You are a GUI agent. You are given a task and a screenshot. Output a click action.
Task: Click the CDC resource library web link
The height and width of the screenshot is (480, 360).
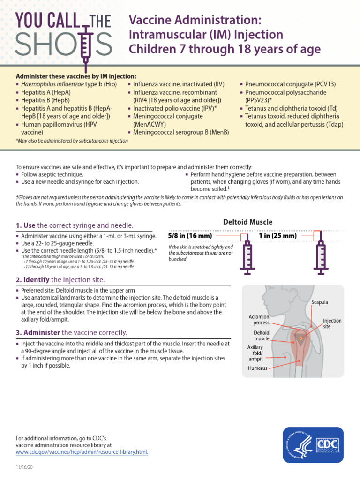click(x=82, y=452)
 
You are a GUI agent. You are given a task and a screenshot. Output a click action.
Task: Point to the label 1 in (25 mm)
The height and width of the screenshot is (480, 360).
click(x=277, y=236)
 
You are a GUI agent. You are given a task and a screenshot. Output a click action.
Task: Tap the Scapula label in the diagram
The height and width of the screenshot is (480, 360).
click(x=320, y=303)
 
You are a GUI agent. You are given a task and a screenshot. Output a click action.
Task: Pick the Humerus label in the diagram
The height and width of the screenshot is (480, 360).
click(x=257, y=368)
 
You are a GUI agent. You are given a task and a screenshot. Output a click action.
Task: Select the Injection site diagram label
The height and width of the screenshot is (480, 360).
click(x=332, y=323)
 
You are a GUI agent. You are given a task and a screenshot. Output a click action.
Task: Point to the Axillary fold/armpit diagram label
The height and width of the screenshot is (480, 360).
click(x=255, y=353)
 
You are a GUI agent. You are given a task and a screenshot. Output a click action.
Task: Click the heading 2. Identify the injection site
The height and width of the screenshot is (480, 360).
click(x=60, y=280)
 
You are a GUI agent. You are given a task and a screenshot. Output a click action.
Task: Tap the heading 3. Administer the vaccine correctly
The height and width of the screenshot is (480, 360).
click(x=71, y=333)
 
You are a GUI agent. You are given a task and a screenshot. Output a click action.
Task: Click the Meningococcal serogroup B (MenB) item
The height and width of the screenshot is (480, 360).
click(x=181, y=132)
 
